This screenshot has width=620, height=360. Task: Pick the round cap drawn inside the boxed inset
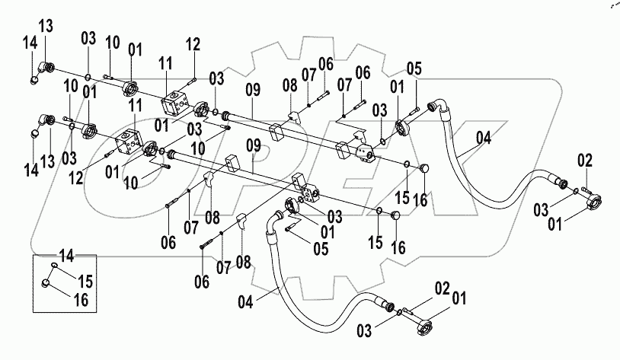tap(47, 284)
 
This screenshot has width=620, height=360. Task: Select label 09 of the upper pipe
tap(254, 89)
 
